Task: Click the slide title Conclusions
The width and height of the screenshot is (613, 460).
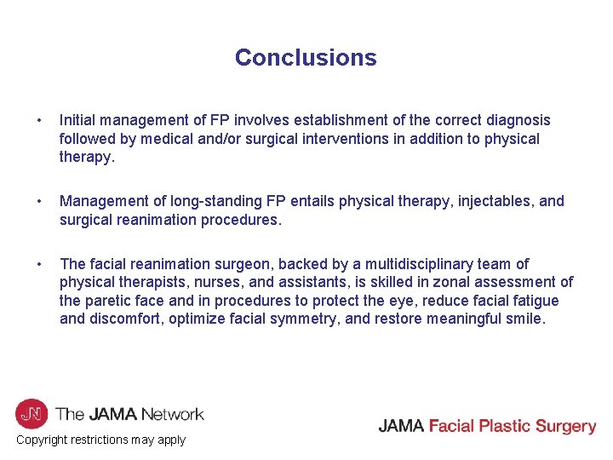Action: pos(306,57)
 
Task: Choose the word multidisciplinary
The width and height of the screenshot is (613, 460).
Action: pos(410,264)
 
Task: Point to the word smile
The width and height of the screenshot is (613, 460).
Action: pos(523,319)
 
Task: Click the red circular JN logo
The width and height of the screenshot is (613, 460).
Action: pos(32,415)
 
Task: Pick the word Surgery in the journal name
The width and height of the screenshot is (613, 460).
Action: pos(561,427)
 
